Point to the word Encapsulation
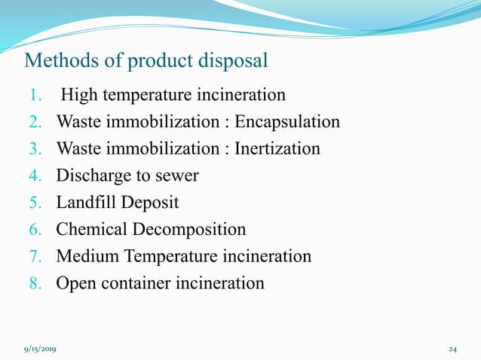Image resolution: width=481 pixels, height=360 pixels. [x=292, y=122]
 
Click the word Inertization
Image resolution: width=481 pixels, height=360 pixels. [x=277, y=149]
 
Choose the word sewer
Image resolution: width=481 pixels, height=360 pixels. [x=177, y=176]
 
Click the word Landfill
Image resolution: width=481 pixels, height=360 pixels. [x=85, y=203]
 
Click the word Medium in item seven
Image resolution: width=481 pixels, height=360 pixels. [x=84, y=257]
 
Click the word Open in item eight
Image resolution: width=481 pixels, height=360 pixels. [x=74, y=283]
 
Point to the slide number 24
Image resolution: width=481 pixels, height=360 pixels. [x=452, y=350]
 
